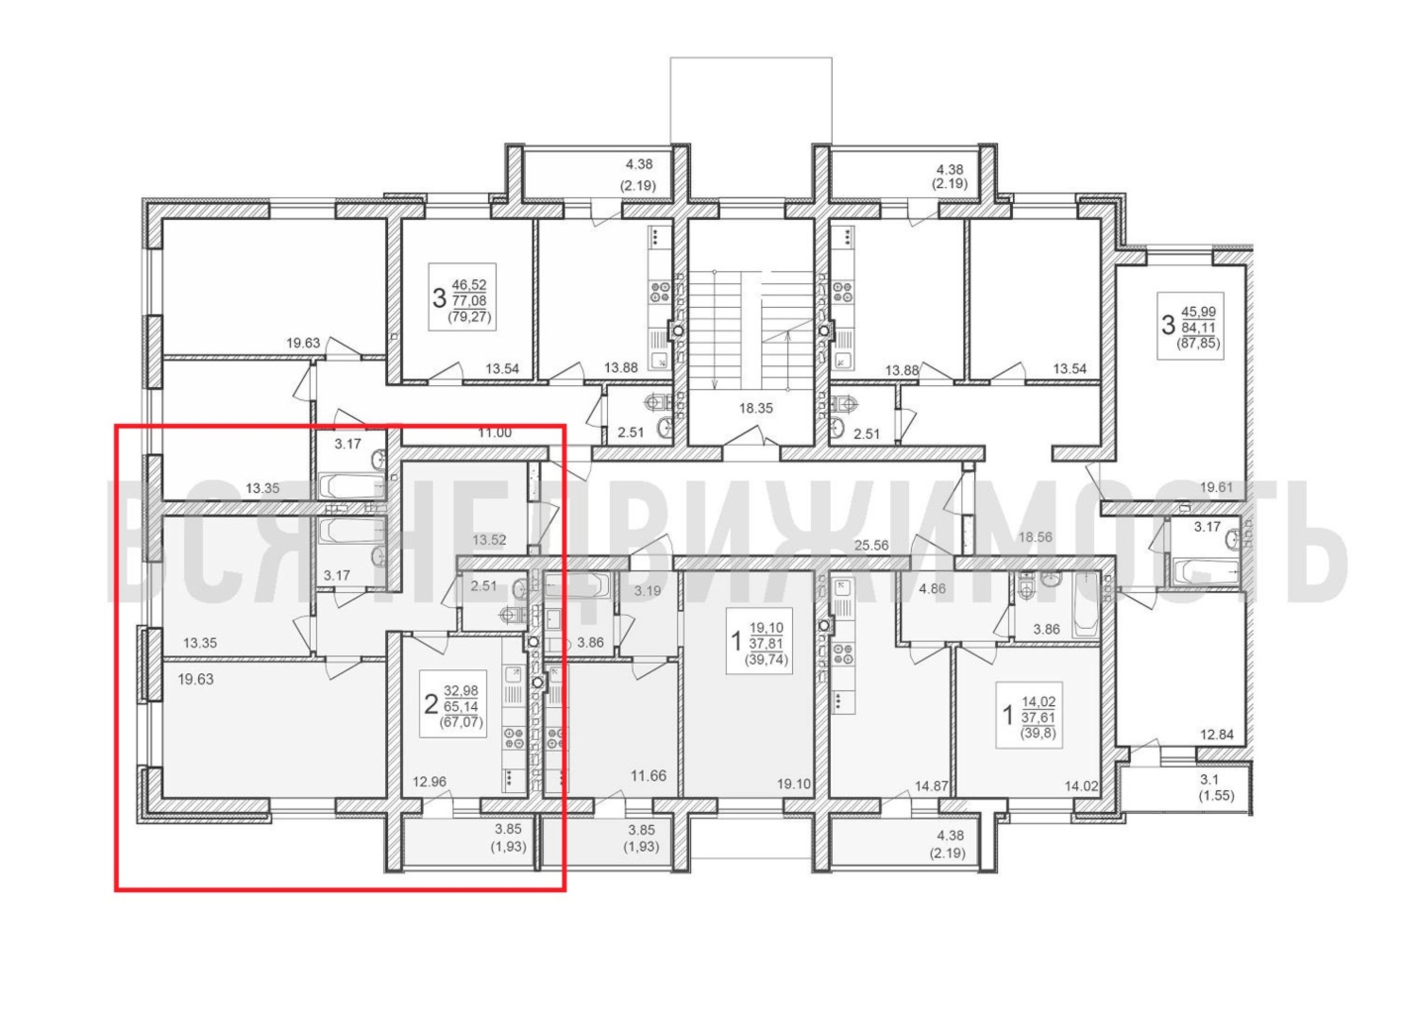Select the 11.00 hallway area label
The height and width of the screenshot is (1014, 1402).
495,433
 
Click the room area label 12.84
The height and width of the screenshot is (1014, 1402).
1217,735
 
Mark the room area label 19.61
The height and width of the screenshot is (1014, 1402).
1216,487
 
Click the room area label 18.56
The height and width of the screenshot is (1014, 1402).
1035,537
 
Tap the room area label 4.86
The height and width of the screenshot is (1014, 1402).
932,589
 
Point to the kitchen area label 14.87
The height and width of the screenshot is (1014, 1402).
932,786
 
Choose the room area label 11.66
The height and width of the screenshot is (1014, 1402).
648,775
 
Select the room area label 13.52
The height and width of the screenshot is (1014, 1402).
490,540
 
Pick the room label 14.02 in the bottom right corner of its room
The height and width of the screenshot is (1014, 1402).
1082,786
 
